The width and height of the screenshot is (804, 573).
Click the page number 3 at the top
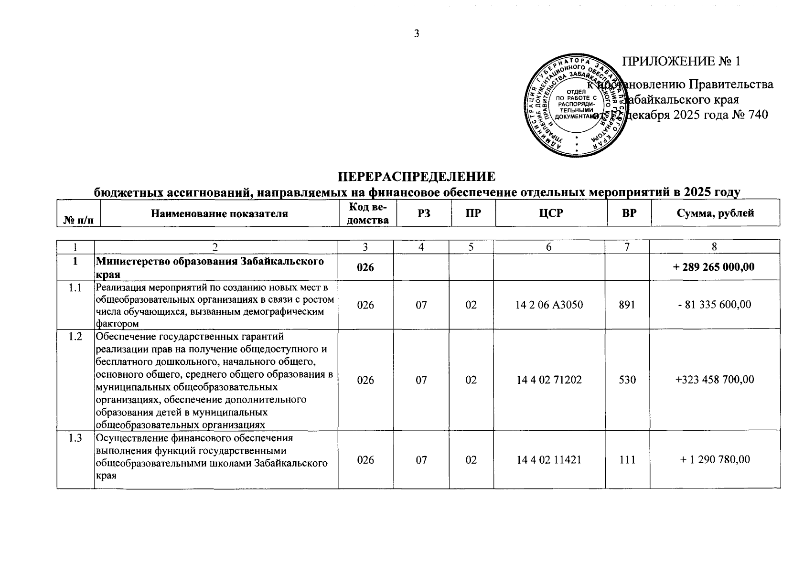(x=416, y=33)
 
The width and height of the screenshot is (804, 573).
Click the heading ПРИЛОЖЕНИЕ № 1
(x=681, y=62)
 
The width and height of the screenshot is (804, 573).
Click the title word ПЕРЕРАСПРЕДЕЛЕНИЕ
(x=417, y=177)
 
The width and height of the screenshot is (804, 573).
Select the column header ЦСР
(x=551, y=213)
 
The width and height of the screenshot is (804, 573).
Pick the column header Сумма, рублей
(x=715, y=213)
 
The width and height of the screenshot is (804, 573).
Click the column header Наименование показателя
(x=219, y=213)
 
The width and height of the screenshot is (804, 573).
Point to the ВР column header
(x=629, y=213)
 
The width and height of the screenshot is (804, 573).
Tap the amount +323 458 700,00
(x=715, y=380)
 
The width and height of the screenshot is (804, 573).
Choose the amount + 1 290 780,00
(x=715, y=459)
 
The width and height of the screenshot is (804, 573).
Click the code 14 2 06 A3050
(x=549, y=305)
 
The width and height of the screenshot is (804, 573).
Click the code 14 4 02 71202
(x=549, y=380)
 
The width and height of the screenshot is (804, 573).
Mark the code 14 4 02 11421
(x=549, y=459)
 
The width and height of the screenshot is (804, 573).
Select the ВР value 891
(x=627, y=305)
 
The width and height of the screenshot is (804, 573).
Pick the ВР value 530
(x=627, y=380)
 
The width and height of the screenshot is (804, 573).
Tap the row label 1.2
(x=75, y=337)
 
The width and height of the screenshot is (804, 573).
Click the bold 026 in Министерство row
(x=365, y=267)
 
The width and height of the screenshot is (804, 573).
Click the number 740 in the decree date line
(x=758, y=115)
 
